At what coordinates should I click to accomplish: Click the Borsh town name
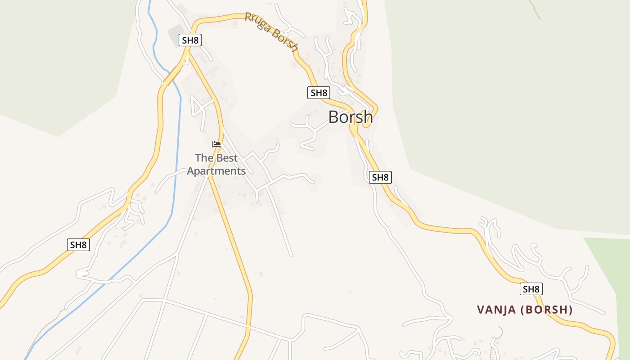(350, 117)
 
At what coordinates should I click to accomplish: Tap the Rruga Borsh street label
(272, 32)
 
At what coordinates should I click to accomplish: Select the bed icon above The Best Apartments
(216, 144)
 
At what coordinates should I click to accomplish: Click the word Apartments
(216, 171)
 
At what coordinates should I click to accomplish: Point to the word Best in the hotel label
(226, 158)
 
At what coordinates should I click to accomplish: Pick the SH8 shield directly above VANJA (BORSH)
(531, 289)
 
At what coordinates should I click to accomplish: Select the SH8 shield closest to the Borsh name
(319, 93)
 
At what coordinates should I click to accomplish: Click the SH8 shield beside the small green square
(190, 40)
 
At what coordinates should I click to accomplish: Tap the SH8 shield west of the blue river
(78, 245)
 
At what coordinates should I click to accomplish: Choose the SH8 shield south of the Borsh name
(380, 177)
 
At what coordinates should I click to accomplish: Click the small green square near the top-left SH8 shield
(175, 34)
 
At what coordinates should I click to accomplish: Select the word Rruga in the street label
(256, 22)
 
